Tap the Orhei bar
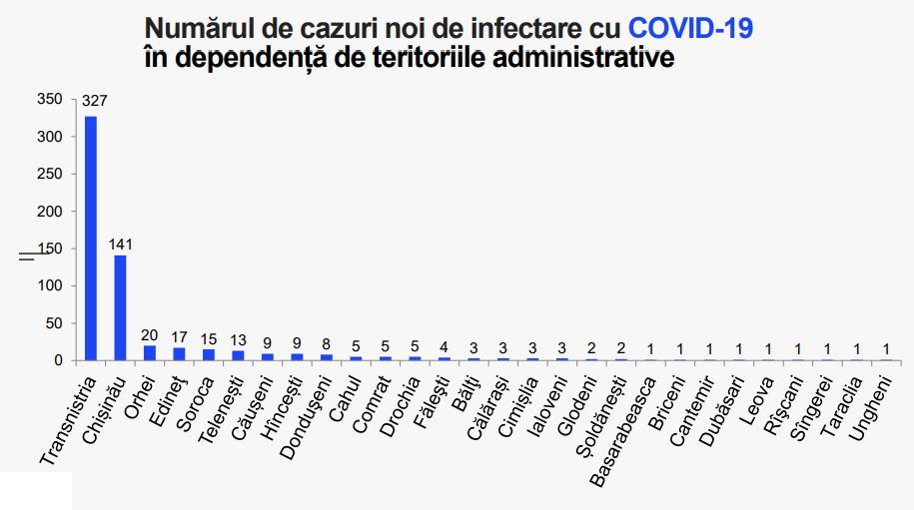click(150, 352)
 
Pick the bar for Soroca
click(209, 354)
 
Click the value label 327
click(95, 101)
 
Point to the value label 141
click(121, 244)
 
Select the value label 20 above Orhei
click(150, 334)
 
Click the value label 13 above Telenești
click(238, 338)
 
